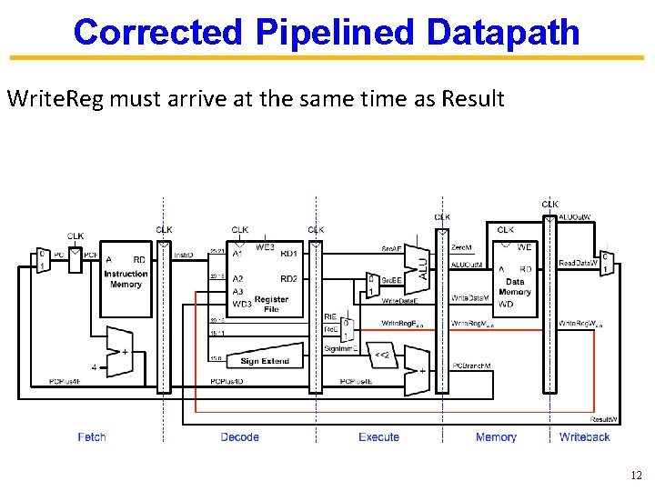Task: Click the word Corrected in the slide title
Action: [157, 32]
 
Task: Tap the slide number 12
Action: [635, 476]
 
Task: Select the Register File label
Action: [271, 305]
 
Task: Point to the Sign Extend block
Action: [264, 361]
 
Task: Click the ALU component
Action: [421, 265]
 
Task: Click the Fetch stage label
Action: [92, 437]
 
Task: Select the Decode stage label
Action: [240, 437]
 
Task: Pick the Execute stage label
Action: [378, 437]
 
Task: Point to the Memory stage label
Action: [496, 437]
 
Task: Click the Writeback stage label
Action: [584, 437]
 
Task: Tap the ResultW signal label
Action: [605, 420]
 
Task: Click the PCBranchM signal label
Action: [471, 366]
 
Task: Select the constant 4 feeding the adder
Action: [94, 367]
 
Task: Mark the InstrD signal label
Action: [183, 256]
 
